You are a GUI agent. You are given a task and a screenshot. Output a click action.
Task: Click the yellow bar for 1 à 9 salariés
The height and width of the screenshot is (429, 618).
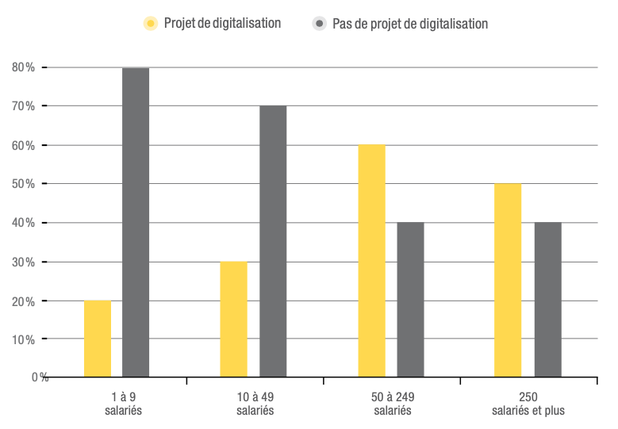[97, 339]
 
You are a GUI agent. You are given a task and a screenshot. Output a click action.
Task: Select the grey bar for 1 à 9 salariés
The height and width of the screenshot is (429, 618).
[135, 223]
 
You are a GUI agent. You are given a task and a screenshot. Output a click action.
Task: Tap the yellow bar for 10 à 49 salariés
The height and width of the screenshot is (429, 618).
[233, 320]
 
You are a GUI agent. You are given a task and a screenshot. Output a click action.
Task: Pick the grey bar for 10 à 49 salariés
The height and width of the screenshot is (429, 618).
[273, 242]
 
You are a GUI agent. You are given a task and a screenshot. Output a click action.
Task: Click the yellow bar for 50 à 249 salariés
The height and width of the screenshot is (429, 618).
[371, 261]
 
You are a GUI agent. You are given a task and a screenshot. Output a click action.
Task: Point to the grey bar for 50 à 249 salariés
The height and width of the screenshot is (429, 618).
[410, 300]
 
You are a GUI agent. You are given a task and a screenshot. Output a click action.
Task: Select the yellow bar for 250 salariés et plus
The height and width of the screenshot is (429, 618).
[508, 281]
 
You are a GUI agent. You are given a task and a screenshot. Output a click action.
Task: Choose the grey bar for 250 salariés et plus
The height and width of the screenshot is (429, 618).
[547, 300]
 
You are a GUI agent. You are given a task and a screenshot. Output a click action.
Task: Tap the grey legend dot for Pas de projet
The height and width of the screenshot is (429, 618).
[320, 24]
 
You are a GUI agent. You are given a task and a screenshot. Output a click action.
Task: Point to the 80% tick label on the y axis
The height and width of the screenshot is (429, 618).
[24, 67]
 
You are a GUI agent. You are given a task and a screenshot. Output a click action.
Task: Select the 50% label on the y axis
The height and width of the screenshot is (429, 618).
[24, 184]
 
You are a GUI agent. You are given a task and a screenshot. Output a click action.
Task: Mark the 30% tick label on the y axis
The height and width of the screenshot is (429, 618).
[24, 262]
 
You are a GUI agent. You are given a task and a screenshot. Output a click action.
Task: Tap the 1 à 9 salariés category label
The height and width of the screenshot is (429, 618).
[122, 404]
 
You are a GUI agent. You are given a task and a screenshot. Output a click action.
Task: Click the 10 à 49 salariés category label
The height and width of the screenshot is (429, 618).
[255, 404]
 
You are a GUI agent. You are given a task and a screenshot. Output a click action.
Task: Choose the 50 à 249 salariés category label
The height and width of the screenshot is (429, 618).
[392, 404]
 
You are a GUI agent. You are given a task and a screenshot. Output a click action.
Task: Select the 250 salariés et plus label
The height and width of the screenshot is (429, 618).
[528, 404]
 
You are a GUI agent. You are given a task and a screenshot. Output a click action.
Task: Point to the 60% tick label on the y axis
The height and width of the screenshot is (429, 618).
[24, 146]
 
